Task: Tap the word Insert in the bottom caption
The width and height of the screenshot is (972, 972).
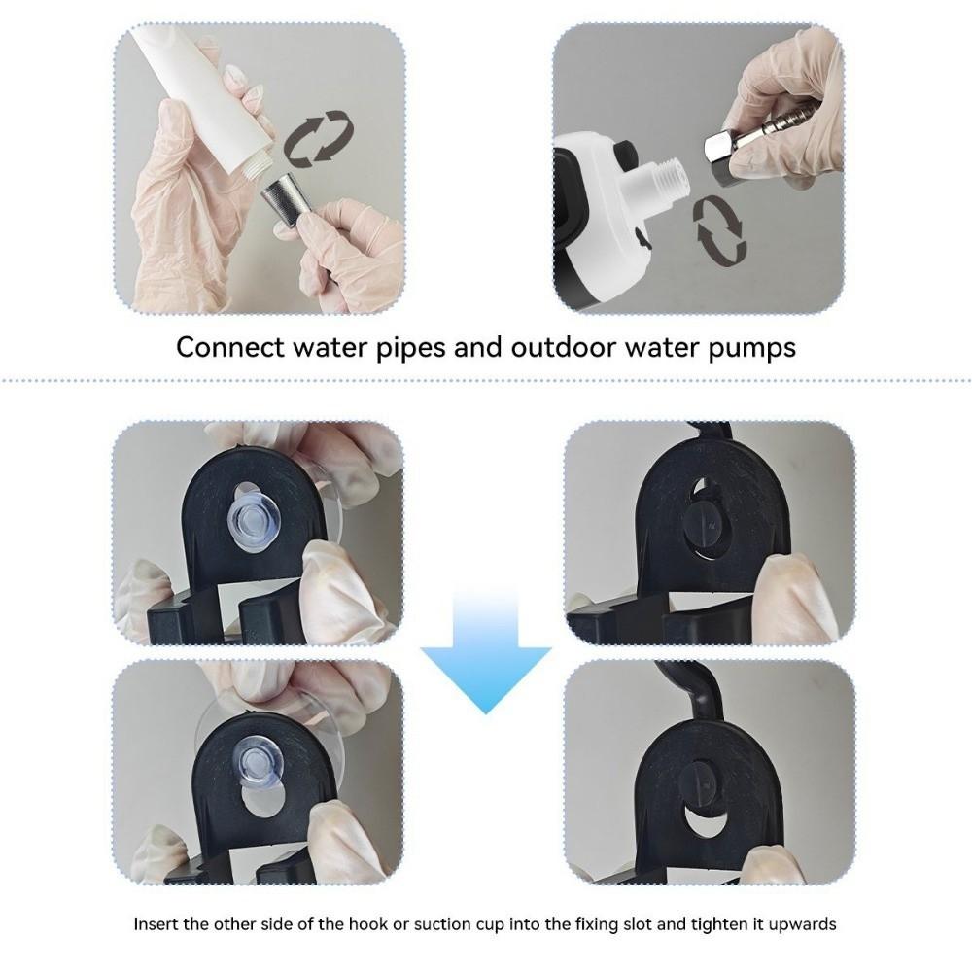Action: tap(156, 923)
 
